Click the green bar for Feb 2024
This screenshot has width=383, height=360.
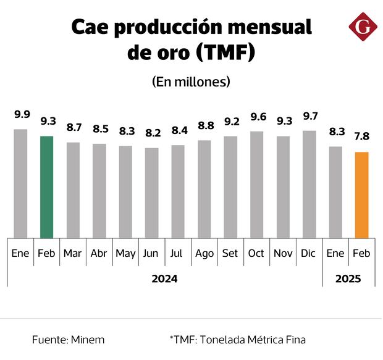[x=47, y=186]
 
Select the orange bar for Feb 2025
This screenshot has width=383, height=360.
[x=362, y=195]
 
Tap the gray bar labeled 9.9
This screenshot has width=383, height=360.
[x=21, y=183]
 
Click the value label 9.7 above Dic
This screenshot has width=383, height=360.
[x=309, y=116]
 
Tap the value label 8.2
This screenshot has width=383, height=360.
[x=152, y=133]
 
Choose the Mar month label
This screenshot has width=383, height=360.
[x=73, y=254]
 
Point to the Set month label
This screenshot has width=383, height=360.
[x=230, y=254]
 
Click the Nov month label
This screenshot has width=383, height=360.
[x=283, y=254]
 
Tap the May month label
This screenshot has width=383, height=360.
[x=125, y=254]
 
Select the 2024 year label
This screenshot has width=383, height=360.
[x=164, y=278]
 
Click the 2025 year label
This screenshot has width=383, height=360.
[x=348, y=278]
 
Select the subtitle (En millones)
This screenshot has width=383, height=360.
[x=191, y=82]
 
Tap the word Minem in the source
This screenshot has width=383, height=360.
[x=87, y=340]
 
